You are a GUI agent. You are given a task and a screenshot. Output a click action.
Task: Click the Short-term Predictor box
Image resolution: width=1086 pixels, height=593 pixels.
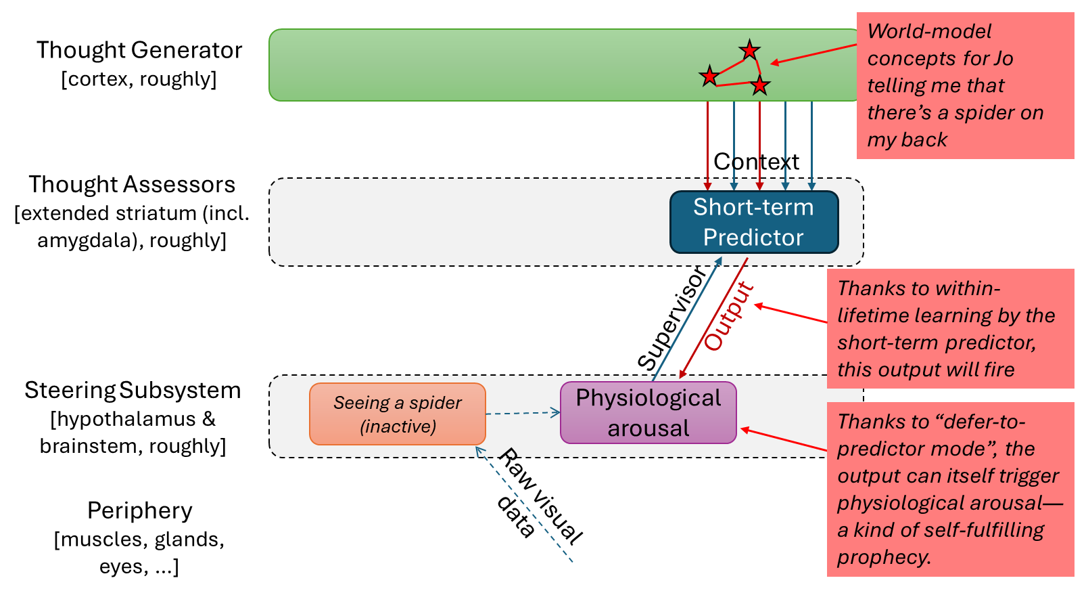pyautogui.click(x=754, y=222)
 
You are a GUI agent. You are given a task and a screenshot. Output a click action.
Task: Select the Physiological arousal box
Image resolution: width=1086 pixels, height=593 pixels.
pyautogui.click(x=648, y=412)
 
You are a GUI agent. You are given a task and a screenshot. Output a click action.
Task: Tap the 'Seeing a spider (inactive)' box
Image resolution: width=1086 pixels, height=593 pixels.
pyautogui.click(x=398, y=414)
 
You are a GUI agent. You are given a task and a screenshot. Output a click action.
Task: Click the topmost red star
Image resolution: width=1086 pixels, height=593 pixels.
pyautogui.click(x=749, y=50)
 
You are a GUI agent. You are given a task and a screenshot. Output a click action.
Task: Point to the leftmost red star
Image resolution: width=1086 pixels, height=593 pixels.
pyautogui.click(x=709, y=76)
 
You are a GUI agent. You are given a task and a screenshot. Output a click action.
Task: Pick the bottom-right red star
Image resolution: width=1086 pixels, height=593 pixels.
pyautogui.click(x=759, y=85)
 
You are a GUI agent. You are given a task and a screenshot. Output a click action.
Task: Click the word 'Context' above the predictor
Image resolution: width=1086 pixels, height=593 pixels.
pyautogui.click(x=756, y=162)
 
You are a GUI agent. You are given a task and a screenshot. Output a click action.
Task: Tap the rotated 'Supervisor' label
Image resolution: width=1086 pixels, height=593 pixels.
pyautogui.click(x=672, y=318)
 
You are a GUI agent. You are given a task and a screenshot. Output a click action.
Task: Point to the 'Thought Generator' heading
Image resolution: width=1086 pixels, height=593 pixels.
pyautogui.click(x=139, y=50)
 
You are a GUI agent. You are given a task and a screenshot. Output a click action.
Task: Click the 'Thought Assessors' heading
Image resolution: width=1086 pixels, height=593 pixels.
pyautogui.click(x=132, y=184)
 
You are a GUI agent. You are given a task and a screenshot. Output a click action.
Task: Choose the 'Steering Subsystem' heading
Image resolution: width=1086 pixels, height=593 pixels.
pyautogui.click(x=133, y=390)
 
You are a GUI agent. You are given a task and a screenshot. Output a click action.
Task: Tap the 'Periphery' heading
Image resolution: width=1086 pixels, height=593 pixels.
pyautogui.click(x=139, y=510)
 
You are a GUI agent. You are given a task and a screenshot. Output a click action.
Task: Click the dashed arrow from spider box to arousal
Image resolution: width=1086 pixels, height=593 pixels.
pyautogui.click(x=523, y=414)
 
